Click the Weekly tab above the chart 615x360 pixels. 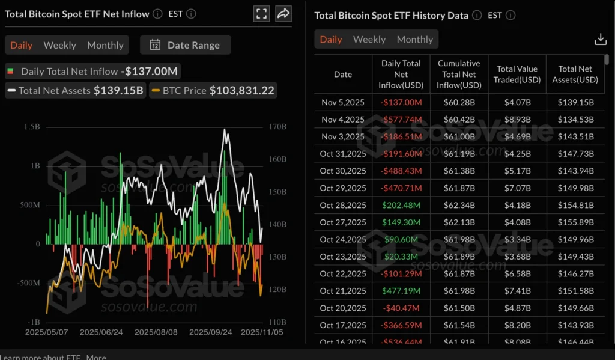point(59,45)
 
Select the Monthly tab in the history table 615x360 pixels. point(414,40)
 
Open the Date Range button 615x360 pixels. point(185,45)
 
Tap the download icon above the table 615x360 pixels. point(600,40)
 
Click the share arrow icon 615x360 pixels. point(283,14)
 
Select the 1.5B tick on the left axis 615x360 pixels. point(32,127)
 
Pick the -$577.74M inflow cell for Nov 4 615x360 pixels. point(401,120)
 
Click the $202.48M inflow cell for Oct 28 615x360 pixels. point(401,205)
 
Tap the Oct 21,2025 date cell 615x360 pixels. point(342,291)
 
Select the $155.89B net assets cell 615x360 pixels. point(575,222)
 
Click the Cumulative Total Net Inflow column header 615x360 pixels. point(459,74)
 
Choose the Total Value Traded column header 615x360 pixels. point(517,74)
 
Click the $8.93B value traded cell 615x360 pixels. point(517,120)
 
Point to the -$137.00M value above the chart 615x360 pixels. point(149,71)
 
